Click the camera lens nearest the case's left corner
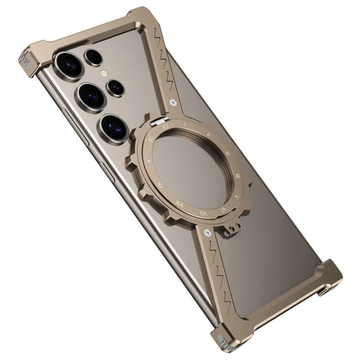70,66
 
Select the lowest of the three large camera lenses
113,126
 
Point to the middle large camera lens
90,96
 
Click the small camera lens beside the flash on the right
115,87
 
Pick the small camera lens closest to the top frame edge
94,55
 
